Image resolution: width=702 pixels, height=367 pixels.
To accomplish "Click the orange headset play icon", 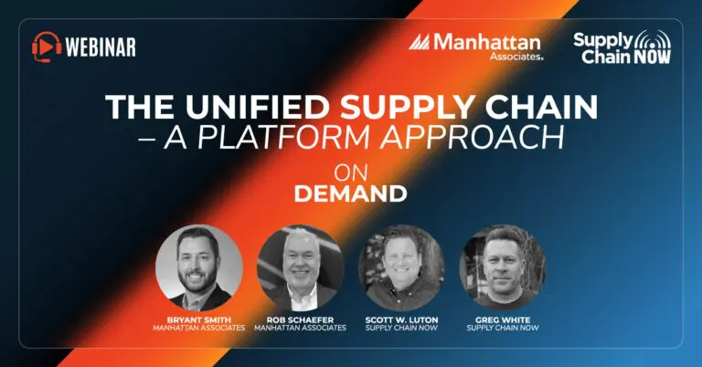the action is click(x=47, y=47).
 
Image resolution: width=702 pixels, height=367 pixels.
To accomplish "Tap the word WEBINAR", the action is click(x=101, y=47).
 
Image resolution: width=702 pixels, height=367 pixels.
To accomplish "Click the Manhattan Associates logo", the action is click(x=476, y=47).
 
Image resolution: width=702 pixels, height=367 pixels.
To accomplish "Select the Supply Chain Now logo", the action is click(x=622, y=47).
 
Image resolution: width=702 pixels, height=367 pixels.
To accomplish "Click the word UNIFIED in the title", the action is click(x=259, y=108).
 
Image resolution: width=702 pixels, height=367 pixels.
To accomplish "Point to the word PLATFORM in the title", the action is click(x=283, y=137).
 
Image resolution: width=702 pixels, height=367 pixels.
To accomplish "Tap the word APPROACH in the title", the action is click(x=472, y=137).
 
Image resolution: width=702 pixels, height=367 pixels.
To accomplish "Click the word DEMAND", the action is click(x=351, y=194).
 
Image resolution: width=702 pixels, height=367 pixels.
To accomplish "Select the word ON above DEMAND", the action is click(x=351, y=173).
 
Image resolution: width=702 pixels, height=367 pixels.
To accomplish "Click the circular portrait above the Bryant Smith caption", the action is click(x=199, y=267).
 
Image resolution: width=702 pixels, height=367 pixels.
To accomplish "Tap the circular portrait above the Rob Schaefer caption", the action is click(x=301, y=267).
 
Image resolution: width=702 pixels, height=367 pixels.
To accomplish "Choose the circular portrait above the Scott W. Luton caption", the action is click(x=401, y=267).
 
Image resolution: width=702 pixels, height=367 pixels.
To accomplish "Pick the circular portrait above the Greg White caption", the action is click(x=503, y=267).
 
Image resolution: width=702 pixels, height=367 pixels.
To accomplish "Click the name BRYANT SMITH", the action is click(x=199, y=320).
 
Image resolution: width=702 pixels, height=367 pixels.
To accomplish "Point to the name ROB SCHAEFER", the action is click(x=301, y=320).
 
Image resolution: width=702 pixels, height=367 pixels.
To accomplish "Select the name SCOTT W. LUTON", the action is click(x=401, y=320).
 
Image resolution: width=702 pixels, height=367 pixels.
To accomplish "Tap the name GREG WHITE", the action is click(x=503, y=320).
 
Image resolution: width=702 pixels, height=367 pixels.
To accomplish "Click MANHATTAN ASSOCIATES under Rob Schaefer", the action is click(x=301, y=328).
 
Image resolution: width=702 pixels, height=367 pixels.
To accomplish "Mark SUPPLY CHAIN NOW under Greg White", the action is click(x=503, y=328).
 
